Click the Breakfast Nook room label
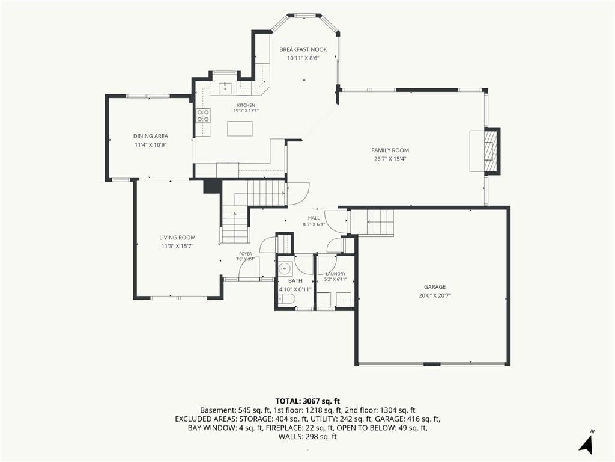click(303, 49)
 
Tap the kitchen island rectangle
click(240, 129)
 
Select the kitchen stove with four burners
click(203, 115)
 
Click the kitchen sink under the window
click(226, 87)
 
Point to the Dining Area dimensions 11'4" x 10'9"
click(151, 145)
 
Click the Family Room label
click(390, 150)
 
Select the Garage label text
click(435, 287)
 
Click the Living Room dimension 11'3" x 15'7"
click(177, 246)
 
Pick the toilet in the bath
click(286, 300)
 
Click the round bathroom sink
click(285, 269)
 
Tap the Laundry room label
click(335, 274)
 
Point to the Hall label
click(314, 218)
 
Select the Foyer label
click(246, 254)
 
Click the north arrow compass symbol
click(586, 445)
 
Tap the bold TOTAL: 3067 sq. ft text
click(307, 401)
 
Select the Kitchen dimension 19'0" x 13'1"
click(246, 111)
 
